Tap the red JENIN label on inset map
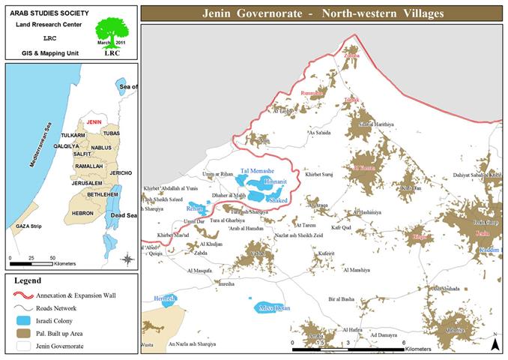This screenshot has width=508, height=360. [x=94, y=121]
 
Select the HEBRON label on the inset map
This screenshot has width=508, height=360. [x=82, y=213]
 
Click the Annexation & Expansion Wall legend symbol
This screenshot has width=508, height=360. [x=24, y=295]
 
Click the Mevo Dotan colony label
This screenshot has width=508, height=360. [x=273, y=307]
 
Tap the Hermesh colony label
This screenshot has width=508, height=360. [x=165, y=298]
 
